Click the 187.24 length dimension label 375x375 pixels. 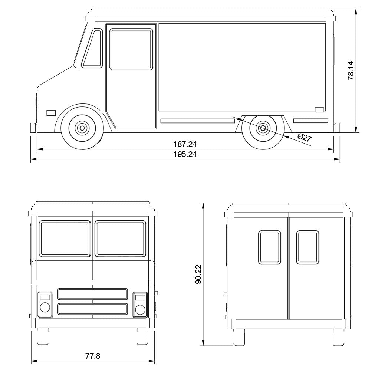[x=185, y=144]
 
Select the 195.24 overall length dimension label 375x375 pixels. [x=185, y=154]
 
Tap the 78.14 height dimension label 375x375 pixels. [x=351, y=70]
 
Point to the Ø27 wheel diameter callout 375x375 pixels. [x=305, y=138]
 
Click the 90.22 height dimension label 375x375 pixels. [x=198, y=274]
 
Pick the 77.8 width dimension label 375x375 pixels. [x=93, y=356]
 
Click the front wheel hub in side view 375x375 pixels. [x=82, y=128]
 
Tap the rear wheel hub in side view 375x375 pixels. [x=263, y=128]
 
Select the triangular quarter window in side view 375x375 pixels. [x=92, y=48]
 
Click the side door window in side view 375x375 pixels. [x=131, y=49]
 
